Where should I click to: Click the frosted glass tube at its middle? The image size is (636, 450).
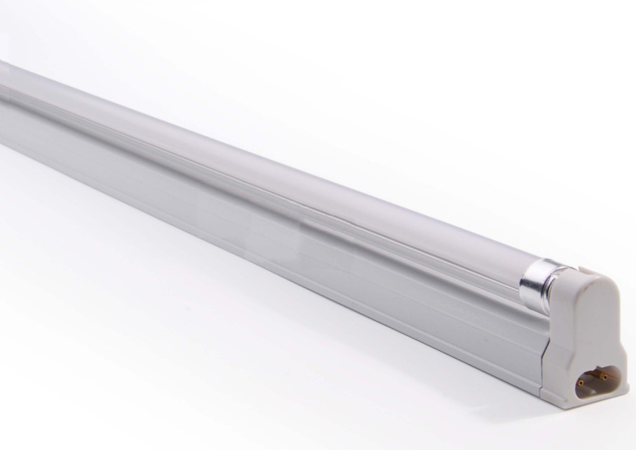coord(280,175)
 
